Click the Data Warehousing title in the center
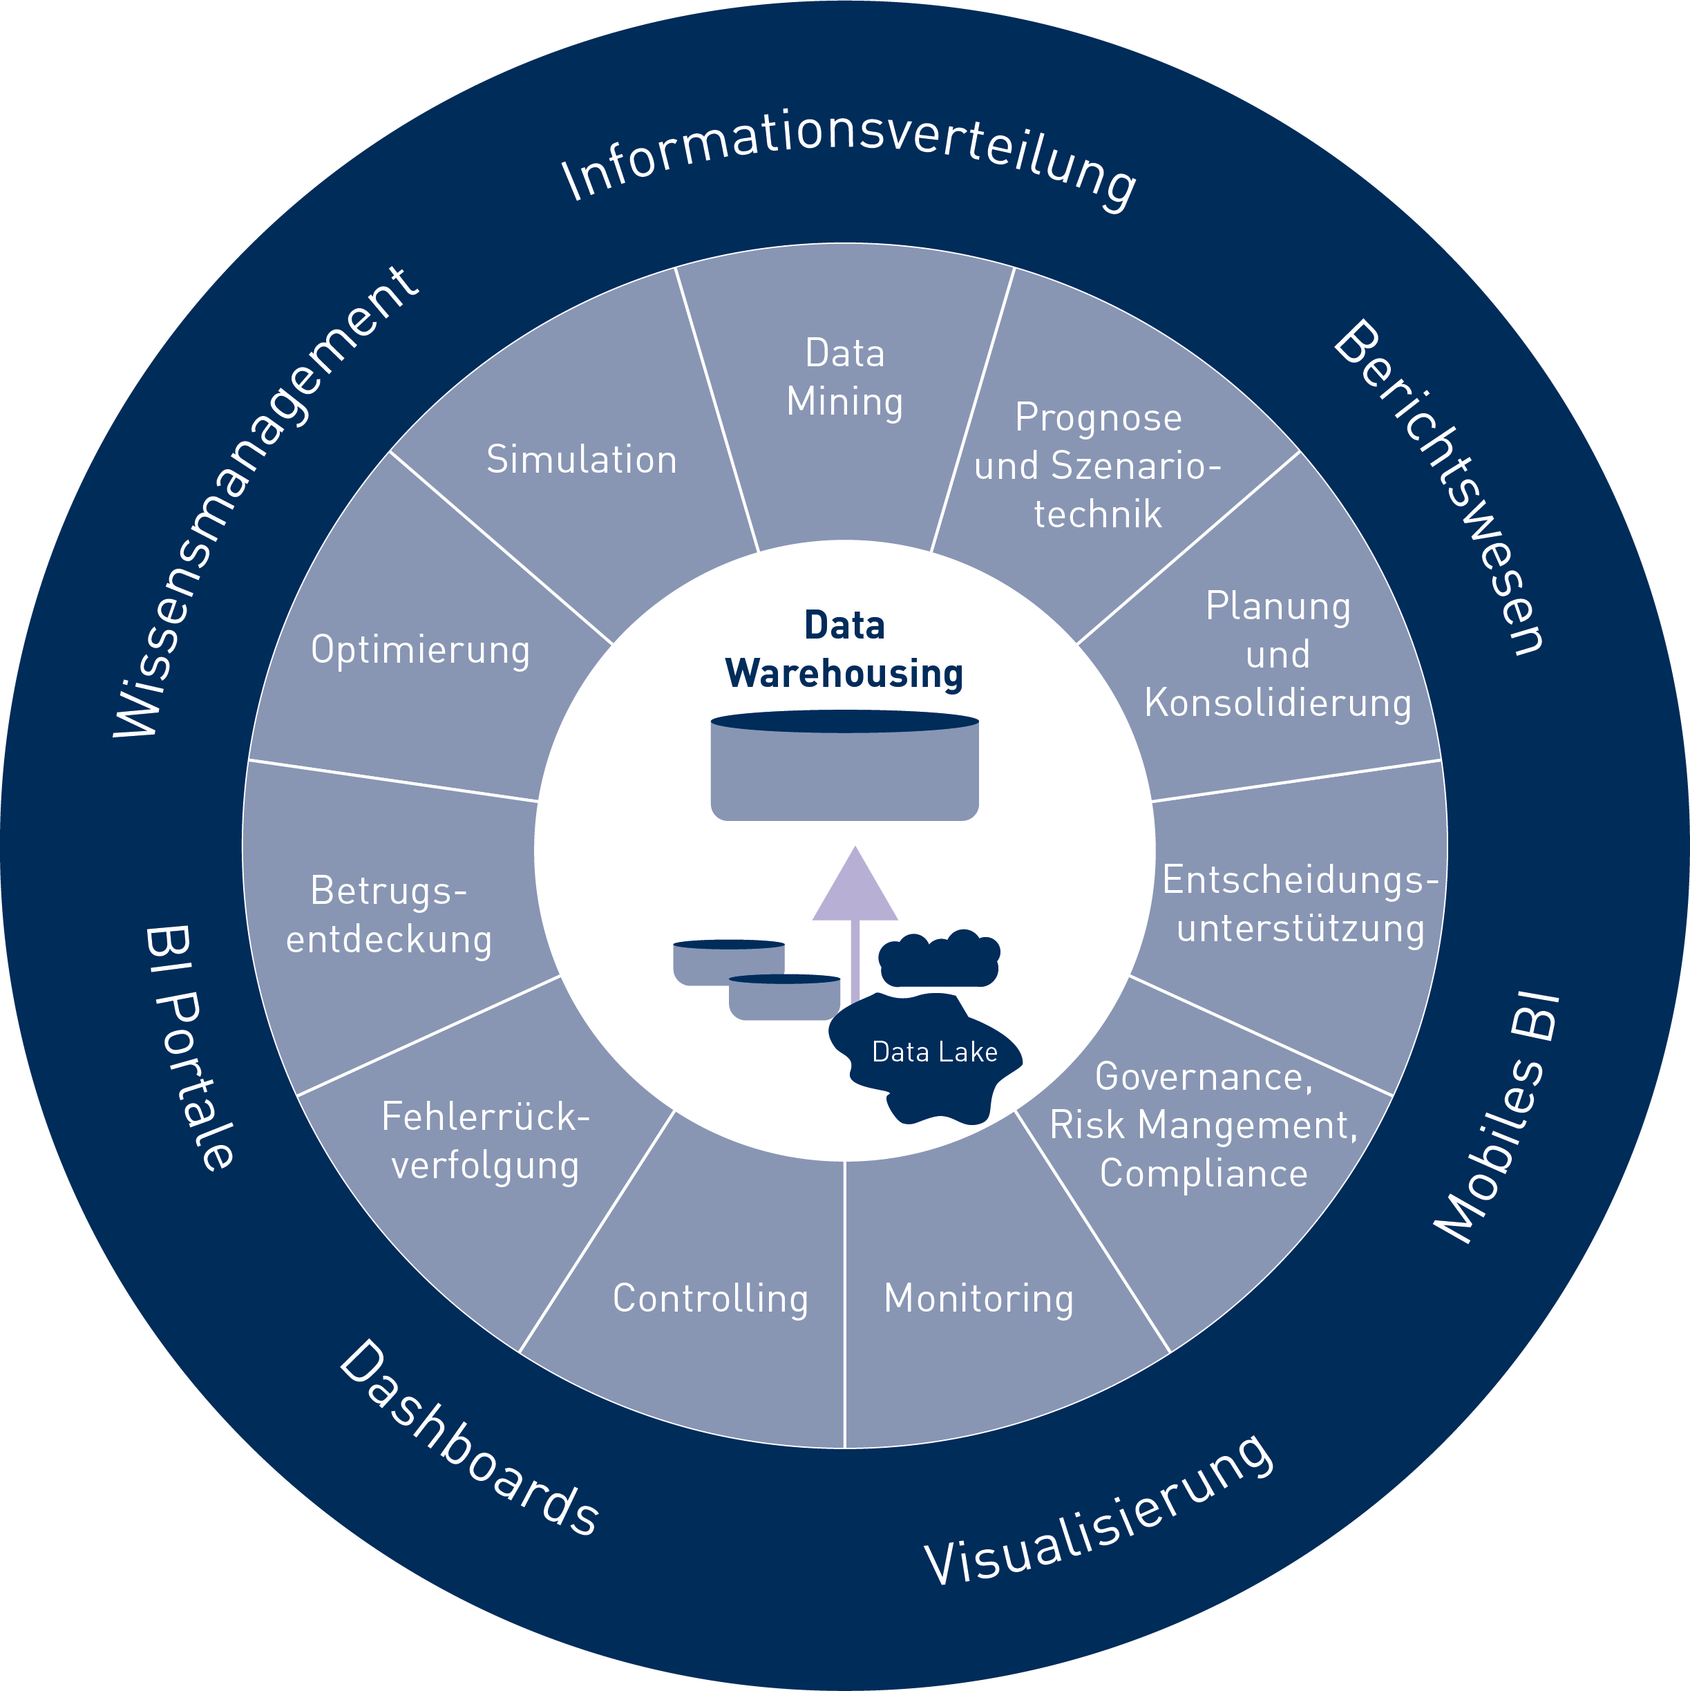pos(844,650)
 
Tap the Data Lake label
pos(935,1051)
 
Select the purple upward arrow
pos(855,910)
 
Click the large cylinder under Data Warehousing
pos(844,771)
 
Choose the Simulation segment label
pos(582,460)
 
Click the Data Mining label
pos(844,377)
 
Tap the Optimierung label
pos(421,650)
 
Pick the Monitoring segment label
pos(978,1298)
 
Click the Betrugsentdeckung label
pos(390,915)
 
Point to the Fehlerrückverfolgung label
pos(486,1140)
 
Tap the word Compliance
pos(1204,1173)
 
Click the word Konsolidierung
pos(1278,702)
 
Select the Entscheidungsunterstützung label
pos(1300,903)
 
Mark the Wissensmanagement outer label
pos(263,503)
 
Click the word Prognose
pos(1099,417)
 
